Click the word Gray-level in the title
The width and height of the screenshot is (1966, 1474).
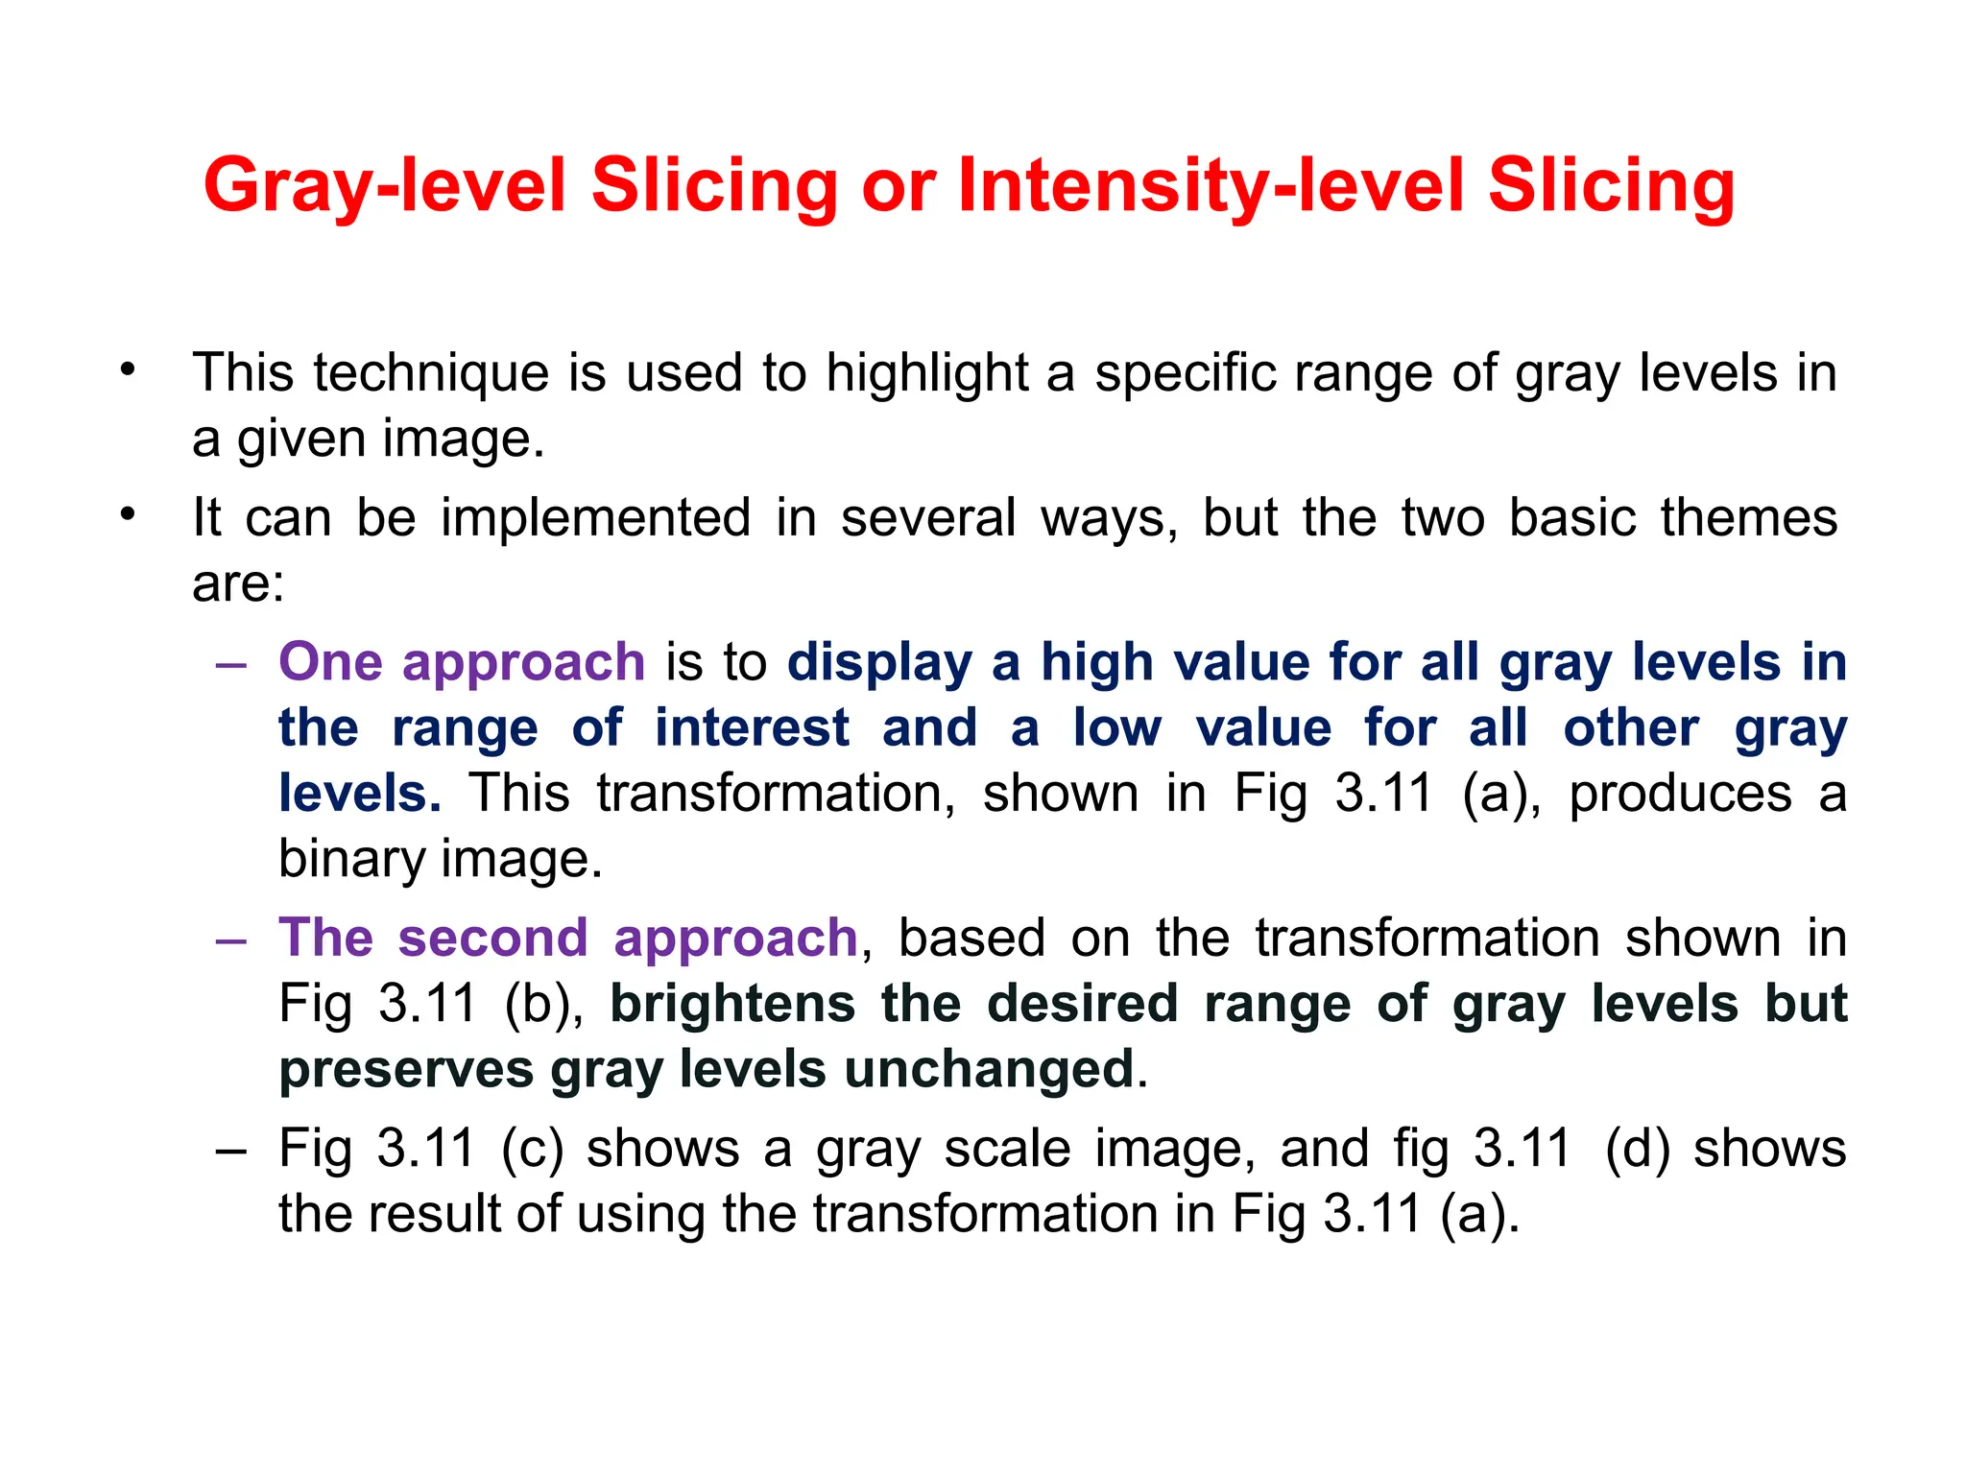click(384, 186)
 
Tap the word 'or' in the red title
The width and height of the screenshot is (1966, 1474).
click(898, 186)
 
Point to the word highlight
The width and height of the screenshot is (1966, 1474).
click(926, 374)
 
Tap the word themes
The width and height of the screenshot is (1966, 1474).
click(1748, 518)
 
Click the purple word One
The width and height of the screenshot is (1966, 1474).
click(330, 662)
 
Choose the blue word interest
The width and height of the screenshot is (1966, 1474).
click(752, 727)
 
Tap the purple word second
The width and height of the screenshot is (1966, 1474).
click(492, 938)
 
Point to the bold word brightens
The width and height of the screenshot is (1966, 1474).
click(732, 1004)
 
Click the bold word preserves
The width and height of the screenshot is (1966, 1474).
click(406, 1070)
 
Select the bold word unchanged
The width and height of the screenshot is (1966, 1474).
click(990, 1069)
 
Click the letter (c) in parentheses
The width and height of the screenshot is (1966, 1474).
click(532, 1150)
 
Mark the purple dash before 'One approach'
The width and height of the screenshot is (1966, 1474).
click(231, 664)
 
